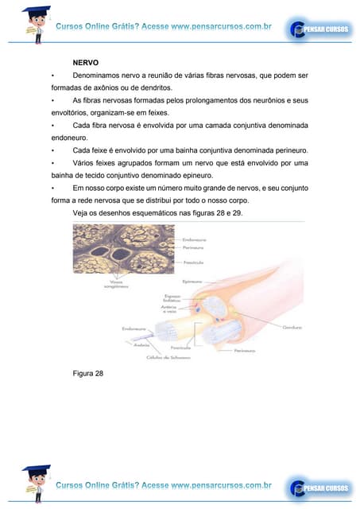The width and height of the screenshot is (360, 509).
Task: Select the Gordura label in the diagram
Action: pos(292,326)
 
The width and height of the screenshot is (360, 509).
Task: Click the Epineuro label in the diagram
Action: pos(192,281)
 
